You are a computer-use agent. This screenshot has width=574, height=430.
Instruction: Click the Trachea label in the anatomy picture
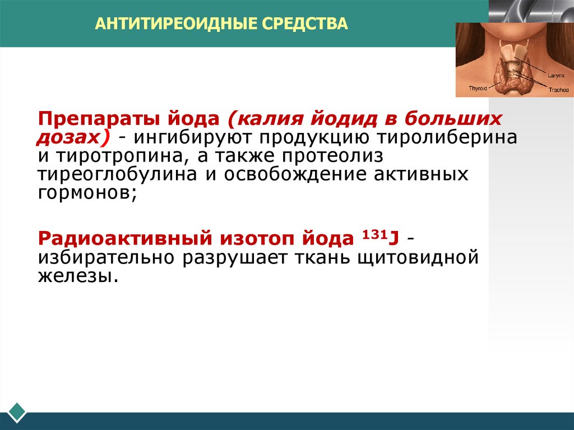pos(558,89)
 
